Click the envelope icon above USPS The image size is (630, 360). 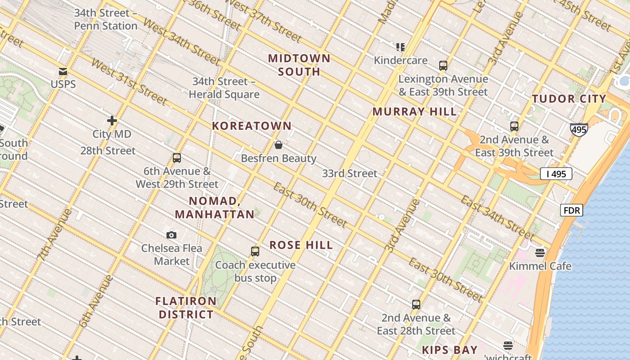click(63, 72)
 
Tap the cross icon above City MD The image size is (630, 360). click(112, 121)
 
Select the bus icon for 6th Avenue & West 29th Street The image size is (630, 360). click(177, 158)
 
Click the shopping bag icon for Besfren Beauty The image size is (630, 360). click(279, 145)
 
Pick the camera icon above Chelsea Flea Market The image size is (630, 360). click(171, 235)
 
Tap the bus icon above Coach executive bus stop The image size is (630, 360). click(255, 252)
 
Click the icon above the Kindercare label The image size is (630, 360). click(400, 47)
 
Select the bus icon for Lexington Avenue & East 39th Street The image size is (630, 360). click(443, 66)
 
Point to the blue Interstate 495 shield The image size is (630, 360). click(578, 130)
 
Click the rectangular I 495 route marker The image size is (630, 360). click(556, 174)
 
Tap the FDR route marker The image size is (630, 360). click(571, 210)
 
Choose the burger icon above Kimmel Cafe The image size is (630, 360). click(540, 253)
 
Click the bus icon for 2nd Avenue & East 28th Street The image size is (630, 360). click(416, 305)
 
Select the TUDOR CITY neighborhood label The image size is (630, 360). click(569, 99)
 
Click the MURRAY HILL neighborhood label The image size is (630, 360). click(414, 112)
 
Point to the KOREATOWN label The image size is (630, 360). click(252, 126)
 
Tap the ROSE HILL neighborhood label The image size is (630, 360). click(301, 245)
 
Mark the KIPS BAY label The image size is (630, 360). click(450, 350)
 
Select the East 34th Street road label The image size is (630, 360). click(497, 218)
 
